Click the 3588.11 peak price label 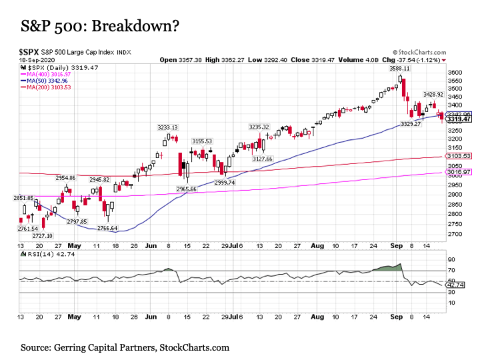pos(399,69)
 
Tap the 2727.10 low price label pos(43,236)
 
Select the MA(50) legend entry pos(44,81)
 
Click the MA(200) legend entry pos(45,87)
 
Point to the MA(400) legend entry pos(45,75)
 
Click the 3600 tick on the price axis pos(455,73)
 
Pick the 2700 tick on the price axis pos(455,234)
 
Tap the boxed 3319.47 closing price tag pos(459,119)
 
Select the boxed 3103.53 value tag pos(459,156)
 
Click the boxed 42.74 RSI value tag pos(456,285)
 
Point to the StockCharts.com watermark pos(419,53)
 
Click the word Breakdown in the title pos(132,26)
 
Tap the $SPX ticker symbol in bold pos(29,53)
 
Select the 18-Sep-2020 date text pos(37,60)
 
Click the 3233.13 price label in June pos(167,127)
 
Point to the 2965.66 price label pos(187,189)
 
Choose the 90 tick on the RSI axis pos(451,259)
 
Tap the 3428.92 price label pos(433,94)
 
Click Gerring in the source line pos(69,348)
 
